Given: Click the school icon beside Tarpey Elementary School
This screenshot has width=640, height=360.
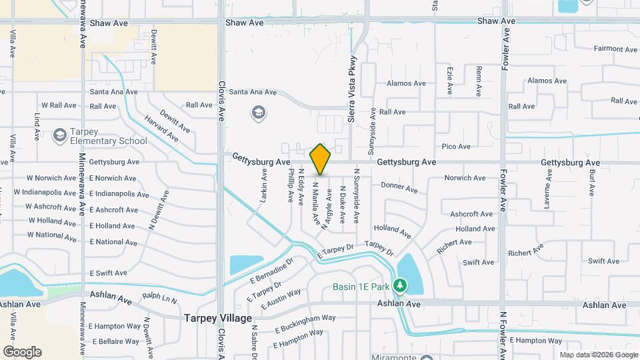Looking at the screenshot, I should click(x=60, y=136).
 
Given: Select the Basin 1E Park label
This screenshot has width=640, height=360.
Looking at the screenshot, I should click(x=360, y=287).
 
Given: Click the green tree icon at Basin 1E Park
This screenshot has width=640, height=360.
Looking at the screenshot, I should click(x=400, y=286).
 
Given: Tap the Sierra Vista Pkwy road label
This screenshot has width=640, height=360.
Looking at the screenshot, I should click(x=353, y=88).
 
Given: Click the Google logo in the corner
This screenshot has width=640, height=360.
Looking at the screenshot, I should click(x=22, y=352).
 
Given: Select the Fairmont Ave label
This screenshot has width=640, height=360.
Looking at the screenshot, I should click(x=616, y=49).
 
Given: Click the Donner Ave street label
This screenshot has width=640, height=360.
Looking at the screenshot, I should click(x=399, y=188).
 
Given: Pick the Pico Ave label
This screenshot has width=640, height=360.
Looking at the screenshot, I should click(x=456, y=147).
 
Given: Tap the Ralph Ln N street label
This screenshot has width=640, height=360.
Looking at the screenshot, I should click(x=159, y=295).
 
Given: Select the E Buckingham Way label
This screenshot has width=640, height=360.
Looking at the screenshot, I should click(x=305, y=323).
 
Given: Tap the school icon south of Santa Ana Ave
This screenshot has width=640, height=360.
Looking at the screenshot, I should click(x=258, y=113).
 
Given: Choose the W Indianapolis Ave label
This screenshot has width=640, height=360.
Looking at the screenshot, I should click(x=49, y=193).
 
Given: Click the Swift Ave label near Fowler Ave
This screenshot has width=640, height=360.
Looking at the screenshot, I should click(x=479, y=263).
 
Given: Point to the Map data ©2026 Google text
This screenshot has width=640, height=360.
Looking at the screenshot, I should click(x=598, y=355).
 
